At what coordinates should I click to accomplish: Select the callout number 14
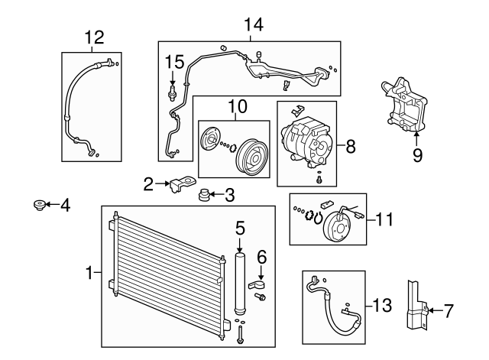click(x=252, y=24)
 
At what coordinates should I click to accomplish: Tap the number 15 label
click(x=175, y=60)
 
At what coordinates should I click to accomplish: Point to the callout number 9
click(x=416, y=154)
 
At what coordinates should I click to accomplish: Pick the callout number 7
click(x=449, y=310)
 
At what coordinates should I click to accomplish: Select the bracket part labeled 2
click(x=179, y=183)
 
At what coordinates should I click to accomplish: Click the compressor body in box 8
click(x=306, y=142)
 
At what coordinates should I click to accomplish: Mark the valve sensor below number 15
click(x=173, y=94)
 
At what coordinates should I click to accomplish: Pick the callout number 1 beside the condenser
click(x=89, y=271)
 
